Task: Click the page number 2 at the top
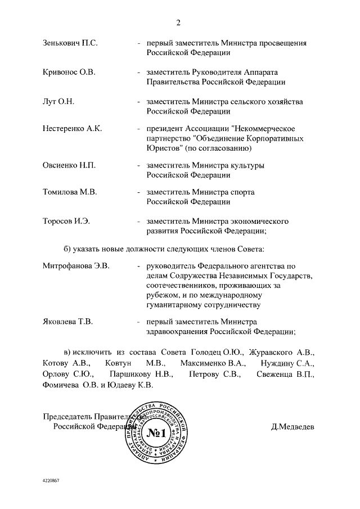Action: coord(179,23)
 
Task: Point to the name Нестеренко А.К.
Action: coord(72,129)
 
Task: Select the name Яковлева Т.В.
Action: coord(67,322)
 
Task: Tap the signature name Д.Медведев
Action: coord(293,426)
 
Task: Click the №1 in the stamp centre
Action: coord(157,433)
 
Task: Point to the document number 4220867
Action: coord(51,481)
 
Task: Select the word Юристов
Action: coord(163,148)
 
